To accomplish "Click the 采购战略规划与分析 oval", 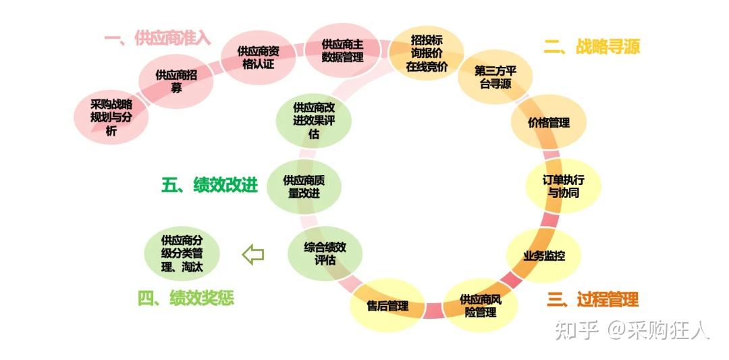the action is [x=111, y=118].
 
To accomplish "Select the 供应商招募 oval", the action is [x=175, y=82].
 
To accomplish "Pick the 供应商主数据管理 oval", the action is [x=342, y=51].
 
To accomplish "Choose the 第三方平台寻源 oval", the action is [x=495, y=77].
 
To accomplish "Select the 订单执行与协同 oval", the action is [x=563, y=186].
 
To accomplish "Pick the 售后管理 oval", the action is [x=387, y=305].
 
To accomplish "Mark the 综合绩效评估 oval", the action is [x=325, y=253].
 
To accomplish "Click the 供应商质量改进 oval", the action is [x=304, y=186].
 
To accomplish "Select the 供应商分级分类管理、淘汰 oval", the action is [x=182, y=253].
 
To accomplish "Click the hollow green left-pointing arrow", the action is [x=253, y=255].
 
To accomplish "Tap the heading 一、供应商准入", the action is [x=157, y=38].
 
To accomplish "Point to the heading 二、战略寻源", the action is [x=592, y=47].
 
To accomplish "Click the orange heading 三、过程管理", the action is [x=593, y=299].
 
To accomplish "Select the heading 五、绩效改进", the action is [x=210, y=185].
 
